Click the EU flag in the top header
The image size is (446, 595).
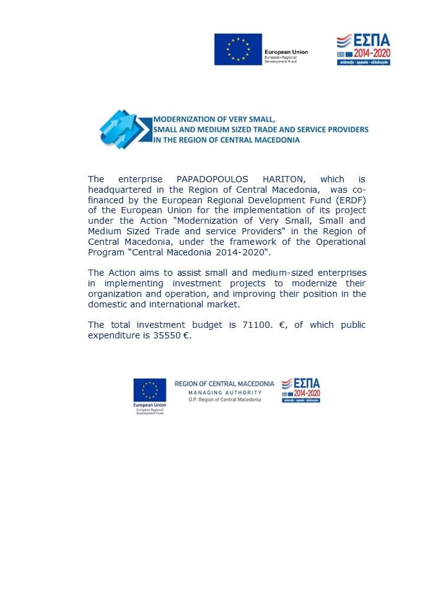(x=238, y=50)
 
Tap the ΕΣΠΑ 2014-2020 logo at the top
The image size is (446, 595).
(x=363, y=50)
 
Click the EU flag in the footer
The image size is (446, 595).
(x=149, y=390)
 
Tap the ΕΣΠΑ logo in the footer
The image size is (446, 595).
(x=301, y=390)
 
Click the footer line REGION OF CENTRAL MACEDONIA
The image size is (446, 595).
(x=224, y=384)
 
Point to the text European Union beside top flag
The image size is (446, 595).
(x=286, y=52)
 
